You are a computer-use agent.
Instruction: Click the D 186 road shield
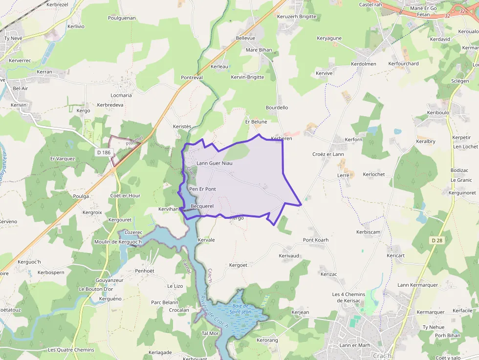[x=104, y=152]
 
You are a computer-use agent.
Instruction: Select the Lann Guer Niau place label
[x=214, y=163]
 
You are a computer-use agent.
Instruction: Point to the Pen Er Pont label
[x=202, y=189]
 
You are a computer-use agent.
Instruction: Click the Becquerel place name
[x=202, y=206]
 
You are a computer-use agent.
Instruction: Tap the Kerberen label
[x=281, y=139]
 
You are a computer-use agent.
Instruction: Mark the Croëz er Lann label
[x=328, y=154]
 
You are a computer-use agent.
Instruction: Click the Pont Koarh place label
[x=315, y=240]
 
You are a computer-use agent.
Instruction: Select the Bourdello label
[x=277, y=107]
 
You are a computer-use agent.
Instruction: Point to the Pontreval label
[x=192, y=78]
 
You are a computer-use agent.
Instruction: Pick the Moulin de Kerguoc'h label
[x=117, y=242]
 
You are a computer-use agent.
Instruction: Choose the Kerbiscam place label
[x=369, y=232]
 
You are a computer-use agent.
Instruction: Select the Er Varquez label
[x=63, y=159]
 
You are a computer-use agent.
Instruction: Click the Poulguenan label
[x=122, y=18]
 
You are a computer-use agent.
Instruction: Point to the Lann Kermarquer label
[x=417, y=285]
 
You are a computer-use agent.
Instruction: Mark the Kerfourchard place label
[x=403, y=64]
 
